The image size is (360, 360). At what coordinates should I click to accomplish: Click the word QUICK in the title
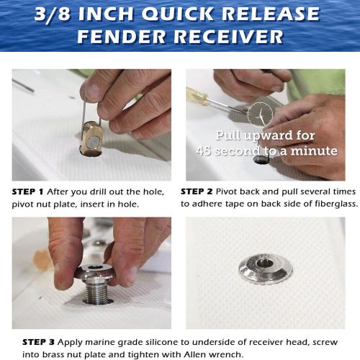pyautogui.click(x=178, y=14)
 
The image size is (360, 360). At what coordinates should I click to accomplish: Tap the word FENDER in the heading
pyautogui.click(x=122, y=37)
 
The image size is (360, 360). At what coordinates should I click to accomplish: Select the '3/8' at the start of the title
pyautogui.click(x=53, y=14)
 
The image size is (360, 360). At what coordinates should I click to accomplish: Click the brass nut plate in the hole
pyautogui.click(x=92, y=138)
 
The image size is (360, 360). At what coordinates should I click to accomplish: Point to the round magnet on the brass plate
pyautogui.click(x=93, y=142)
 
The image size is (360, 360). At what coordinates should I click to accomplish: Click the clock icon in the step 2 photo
pyautogui.click(x=260, y=114)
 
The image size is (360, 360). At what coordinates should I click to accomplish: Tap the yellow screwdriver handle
pyautogui.click(x=197, y=95)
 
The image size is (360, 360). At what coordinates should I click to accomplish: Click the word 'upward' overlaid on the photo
pyautogui.click(x=269, y=136)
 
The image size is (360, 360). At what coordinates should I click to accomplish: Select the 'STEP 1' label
pyautogui.click(x=28, y=192)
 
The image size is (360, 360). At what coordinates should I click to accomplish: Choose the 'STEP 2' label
pyautogui.click(x=197, y=192)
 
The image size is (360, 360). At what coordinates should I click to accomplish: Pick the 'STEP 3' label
pyautogui.click(x=38, y=342)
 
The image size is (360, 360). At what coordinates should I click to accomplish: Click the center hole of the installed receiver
pyautogui.click(x=265, y=263)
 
